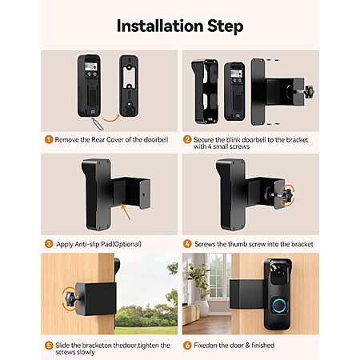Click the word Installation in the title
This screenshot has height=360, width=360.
pyautogui.click(x=160, y=26)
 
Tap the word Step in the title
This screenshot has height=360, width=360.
pyautogui.click(x=226, y=27)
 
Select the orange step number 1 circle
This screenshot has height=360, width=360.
pyautogui.click(x=49, y=139)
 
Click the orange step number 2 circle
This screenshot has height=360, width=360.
pyautogui.click(x=187, y=139)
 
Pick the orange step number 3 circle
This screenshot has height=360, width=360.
pyautogui.click(x=49, y=244)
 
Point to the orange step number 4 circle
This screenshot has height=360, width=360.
pyautogui.click(x=187, y=244)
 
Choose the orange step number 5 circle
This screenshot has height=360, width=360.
pyautogui.click(x=49, y=346)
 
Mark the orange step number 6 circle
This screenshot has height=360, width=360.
pyautogui.click(x=187, y=346)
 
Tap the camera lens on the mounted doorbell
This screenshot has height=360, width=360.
pyautogui.click(x=278, y=272)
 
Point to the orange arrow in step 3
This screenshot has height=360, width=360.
pyautogui.click(x=126, y=212)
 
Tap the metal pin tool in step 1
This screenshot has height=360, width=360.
pyautogui.click(x=97, y=124)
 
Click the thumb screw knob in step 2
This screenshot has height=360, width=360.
pyautogui.click(x=309, y=92)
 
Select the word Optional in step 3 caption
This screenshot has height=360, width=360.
pyautogui.click(x=126, y=244)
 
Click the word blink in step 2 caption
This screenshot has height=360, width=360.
pyautogui.click(x=234, y=140)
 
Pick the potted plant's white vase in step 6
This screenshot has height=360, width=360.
pyautogui.click(x=202, y=308)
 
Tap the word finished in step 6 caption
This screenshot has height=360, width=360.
pyautogui.click(x=262, y=346)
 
